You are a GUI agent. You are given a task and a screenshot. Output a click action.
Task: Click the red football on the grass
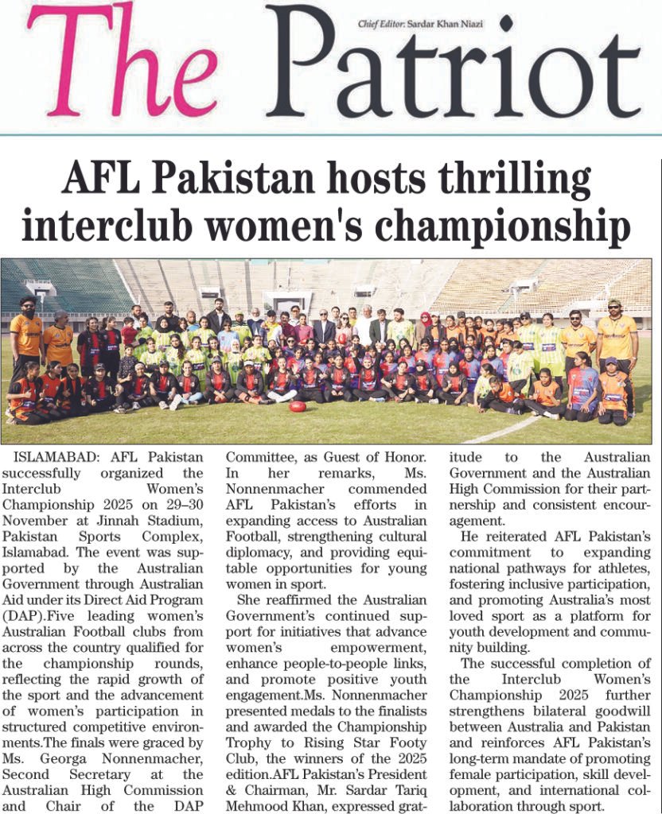(298, 406)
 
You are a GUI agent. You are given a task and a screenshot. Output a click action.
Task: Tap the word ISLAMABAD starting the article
(51, 458)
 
